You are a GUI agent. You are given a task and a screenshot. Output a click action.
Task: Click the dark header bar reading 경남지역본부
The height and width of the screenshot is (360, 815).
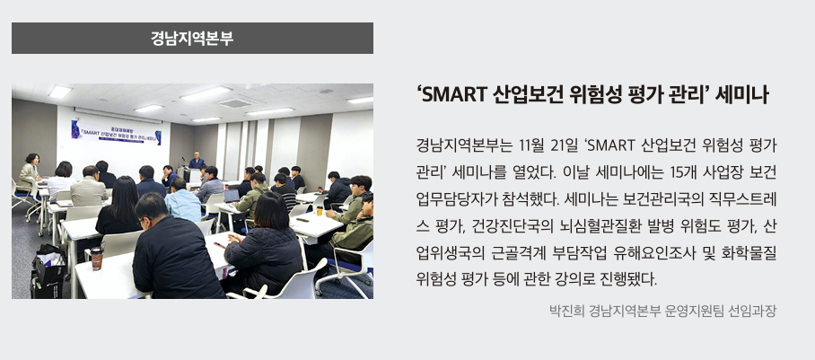(192, 39)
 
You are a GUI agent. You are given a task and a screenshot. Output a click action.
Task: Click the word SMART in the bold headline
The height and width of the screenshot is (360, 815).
(454, 95)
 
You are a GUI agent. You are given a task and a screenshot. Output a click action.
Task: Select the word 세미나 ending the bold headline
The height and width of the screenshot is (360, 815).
(744, 95)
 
